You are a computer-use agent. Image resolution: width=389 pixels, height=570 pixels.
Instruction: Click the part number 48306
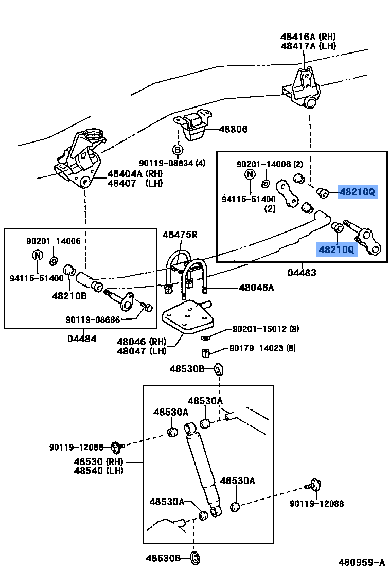point(233,130)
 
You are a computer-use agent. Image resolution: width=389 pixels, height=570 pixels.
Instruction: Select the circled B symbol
point(177,150)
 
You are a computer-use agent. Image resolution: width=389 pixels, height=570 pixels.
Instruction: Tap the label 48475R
point(180,235)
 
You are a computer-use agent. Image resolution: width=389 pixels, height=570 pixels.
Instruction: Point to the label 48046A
point(256,288)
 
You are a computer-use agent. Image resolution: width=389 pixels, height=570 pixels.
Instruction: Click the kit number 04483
point(302,273)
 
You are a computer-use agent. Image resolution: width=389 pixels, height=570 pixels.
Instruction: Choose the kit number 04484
point(82,339)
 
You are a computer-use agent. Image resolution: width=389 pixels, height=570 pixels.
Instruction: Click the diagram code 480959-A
point(361,562)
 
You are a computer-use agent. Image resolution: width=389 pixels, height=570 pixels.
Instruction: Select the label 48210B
point(69,296)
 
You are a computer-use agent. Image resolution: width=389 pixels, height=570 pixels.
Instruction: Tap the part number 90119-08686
point(93,320)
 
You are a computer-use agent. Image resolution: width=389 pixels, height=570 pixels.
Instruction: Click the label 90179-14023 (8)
point(262,349)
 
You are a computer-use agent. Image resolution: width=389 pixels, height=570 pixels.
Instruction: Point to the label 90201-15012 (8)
point(266,329)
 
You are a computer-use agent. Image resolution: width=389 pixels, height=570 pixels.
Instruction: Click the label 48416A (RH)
point(308,37)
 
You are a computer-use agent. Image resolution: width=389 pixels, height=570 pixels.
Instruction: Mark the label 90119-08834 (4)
point(171,164)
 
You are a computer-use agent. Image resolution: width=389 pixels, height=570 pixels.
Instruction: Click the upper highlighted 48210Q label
point(357,192)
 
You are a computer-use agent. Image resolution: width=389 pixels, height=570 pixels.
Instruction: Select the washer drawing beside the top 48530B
point(218,369)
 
